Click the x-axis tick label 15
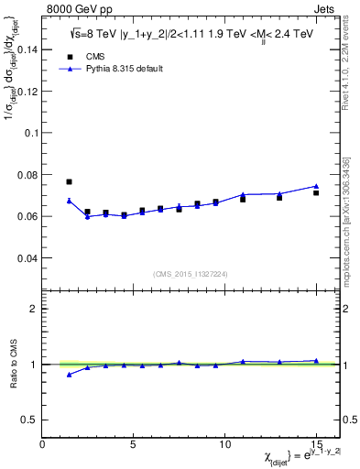tap(315, 444)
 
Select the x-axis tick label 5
tap(134, 444)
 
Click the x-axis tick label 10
tap(224, 444)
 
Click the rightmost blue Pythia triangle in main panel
tap(316, 186)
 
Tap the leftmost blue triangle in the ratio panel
tap(69, 375)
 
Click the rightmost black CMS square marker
tap(316, 192)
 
